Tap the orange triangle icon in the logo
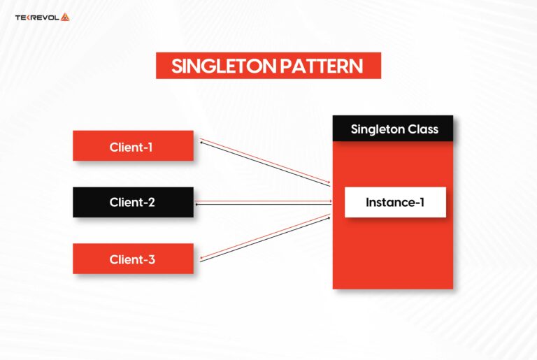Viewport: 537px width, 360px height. (x=65, y=17)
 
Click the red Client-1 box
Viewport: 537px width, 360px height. (x=133, y=146)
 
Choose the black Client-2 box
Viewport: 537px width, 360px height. (x=133, y=203)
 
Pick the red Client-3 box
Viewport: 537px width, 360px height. (x=133, y=259)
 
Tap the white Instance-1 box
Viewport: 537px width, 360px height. (x=394, y=203)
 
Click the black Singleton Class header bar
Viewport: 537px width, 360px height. (x=392, y=129)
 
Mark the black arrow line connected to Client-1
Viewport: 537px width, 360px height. (x=266, y=165)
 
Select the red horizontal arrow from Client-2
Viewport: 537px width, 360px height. (x=266, y=201)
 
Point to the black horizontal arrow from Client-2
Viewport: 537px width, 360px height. (x=266, y=205)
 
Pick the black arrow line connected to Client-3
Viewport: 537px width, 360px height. (x=266, y=241)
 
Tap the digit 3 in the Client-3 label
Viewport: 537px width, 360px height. (x=152, y=259)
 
